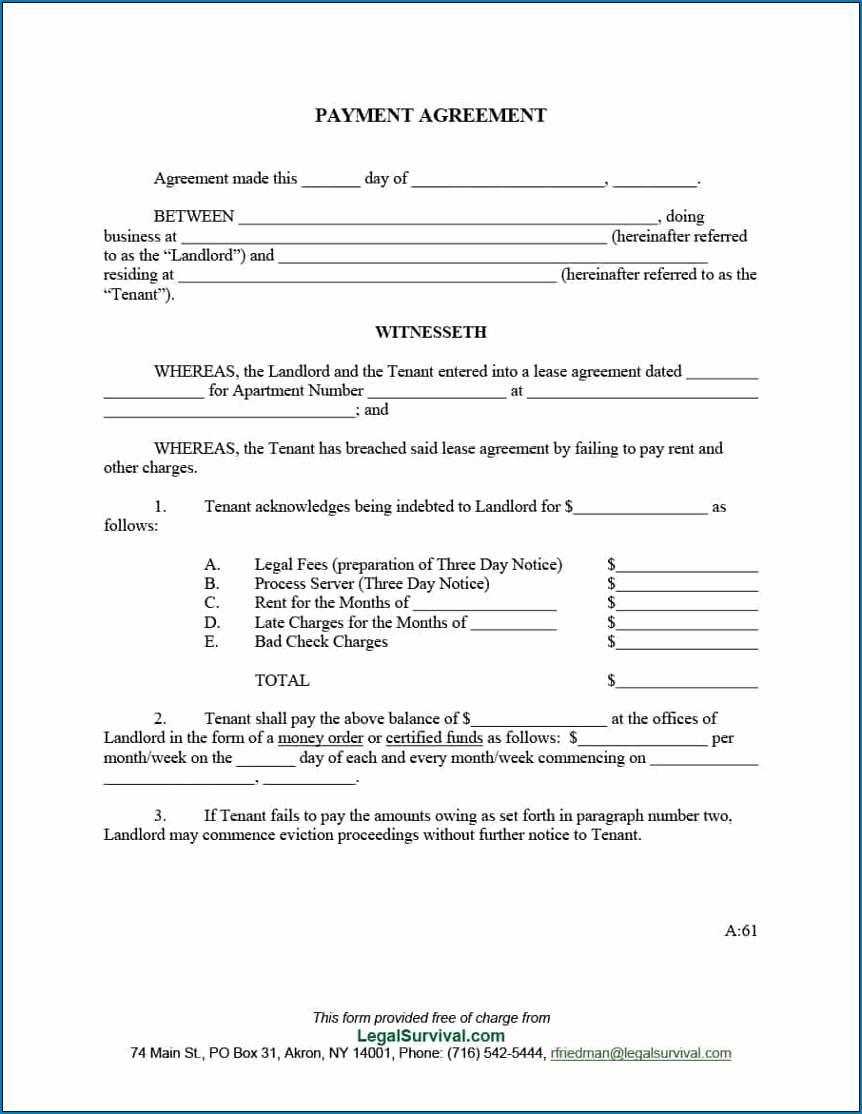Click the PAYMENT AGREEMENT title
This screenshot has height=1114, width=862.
click(x=431, y=116)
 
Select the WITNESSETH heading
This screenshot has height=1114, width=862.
click(x=431, y=332)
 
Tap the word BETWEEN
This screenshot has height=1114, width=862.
click(x=194, y=217)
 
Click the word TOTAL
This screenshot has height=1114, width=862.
click(x=282, y=680)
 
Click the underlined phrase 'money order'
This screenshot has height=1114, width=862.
click(x=321, y=738)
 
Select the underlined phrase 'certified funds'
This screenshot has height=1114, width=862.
click(x=434, y=738)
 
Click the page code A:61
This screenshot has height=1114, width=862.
click(x=741, y=931)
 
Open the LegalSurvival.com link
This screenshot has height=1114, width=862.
click(x=431, y=1036)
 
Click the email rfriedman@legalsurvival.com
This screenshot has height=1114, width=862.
click(x=641, y=1053)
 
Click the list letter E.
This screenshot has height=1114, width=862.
click(x=211, y=642)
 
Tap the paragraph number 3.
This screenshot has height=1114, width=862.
click(x=160, y=815)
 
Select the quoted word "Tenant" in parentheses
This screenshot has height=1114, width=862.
click(x=139, y=294)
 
